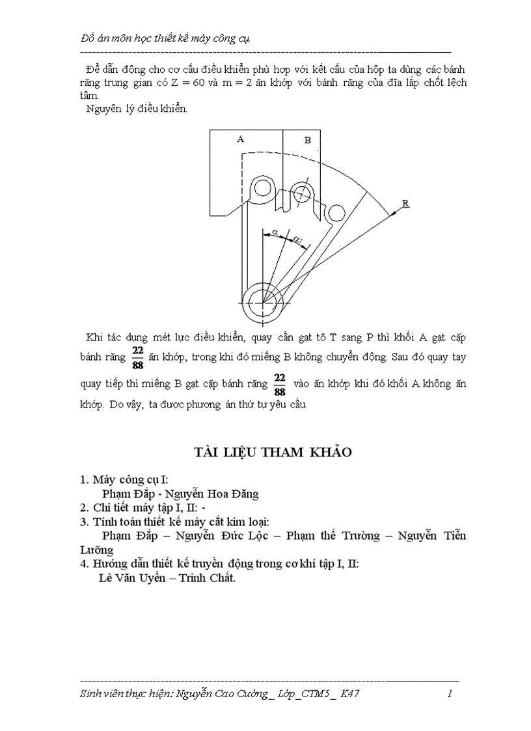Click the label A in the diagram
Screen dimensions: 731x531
point(240,139)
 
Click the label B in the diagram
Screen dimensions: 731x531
point(307,140)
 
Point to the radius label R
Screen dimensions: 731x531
point(405,204)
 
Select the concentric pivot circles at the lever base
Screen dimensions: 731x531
point(264,302)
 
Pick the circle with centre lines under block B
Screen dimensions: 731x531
point(301,193)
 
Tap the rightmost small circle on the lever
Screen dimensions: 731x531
point(336,213)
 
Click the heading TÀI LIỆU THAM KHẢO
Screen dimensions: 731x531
point(272,452)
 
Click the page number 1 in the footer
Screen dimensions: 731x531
point(450,694)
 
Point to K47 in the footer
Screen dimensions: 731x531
point(349,694)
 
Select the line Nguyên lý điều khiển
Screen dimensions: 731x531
point(137,109)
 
